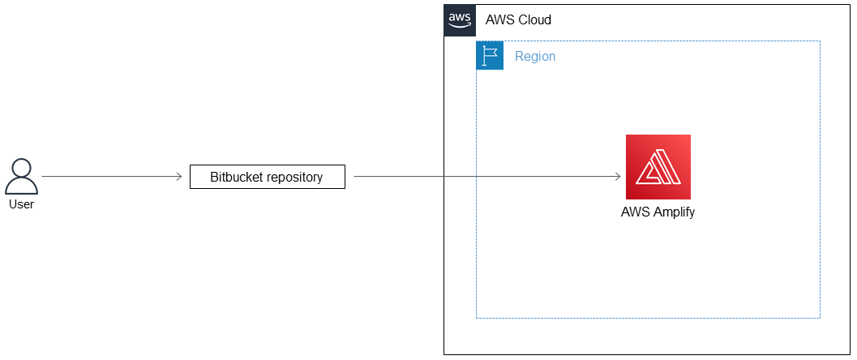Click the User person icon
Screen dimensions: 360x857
click(x=21, y=177)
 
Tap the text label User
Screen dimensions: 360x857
click(x=21, y=204)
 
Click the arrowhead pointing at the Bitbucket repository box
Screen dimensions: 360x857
click(x=179, y=177)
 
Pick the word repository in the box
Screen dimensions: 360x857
click(x=295, y=177)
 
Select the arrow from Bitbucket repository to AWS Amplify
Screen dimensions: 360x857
click(x=486, y=177)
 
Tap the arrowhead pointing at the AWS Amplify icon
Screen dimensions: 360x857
click(x=619, y=177)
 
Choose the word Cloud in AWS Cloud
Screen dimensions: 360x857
click(x=533, y=20)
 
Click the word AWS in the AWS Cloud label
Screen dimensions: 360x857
click(x=499, y=20)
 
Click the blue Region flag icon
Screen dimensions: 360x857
click(x=490, y=56)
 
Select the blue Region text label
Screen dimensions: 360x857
click(x=535, y=57)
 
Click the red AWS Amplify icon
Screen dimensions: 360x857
click(x=658, y=167)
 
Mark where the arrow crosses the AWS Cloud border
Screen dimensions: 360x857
click(x=444, y=177)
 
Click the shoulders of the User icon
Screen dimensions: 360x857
click(x=21, y=186)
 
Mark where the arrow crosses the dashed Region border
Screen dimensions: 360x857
click(x=477, y=177)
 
